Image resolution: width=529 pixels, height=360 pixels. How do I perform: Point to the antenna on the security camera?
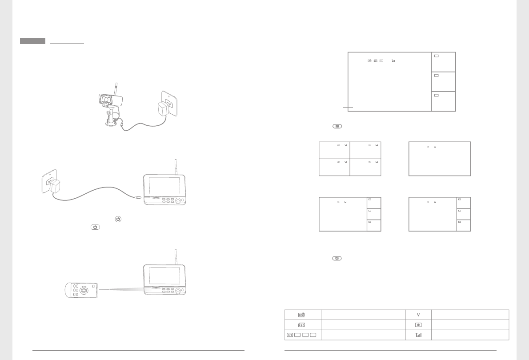click(x=116, y=88)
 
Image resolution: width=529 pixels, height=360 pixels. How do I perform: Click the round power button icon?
click(x=118, y=219)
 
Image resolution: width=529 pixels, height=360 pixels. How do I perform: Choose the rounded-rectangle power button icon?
click(x=95, y=228)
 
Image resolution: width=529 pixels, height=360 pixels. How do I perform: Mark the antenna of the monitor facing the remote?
click(x=176, y=256)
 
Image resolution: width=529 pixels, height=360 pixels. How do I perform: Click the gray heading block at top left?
click(x=32, y=41)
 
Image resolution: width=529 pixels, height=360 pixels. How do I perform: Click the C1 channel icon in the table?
click(x=290, y=335)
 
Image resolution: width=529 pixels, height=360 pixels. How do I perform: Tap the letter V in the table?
click(x=418, y=315)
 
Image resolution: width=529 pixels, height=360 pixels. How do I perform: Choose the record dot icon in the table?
click(x=418, y=324)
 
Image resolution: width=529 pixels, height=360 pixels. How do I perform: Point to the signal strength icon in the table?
click(x=418, y=335)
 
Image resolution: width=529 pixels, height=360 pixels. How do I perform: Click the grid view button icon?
click(x=337, y=126)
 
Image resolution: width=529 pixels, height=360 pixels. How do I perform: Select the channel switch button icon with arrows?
click(x=337, y=258)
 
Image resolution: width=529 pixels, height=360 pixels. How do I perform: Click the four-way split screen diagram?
click(x=350, y=159)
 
